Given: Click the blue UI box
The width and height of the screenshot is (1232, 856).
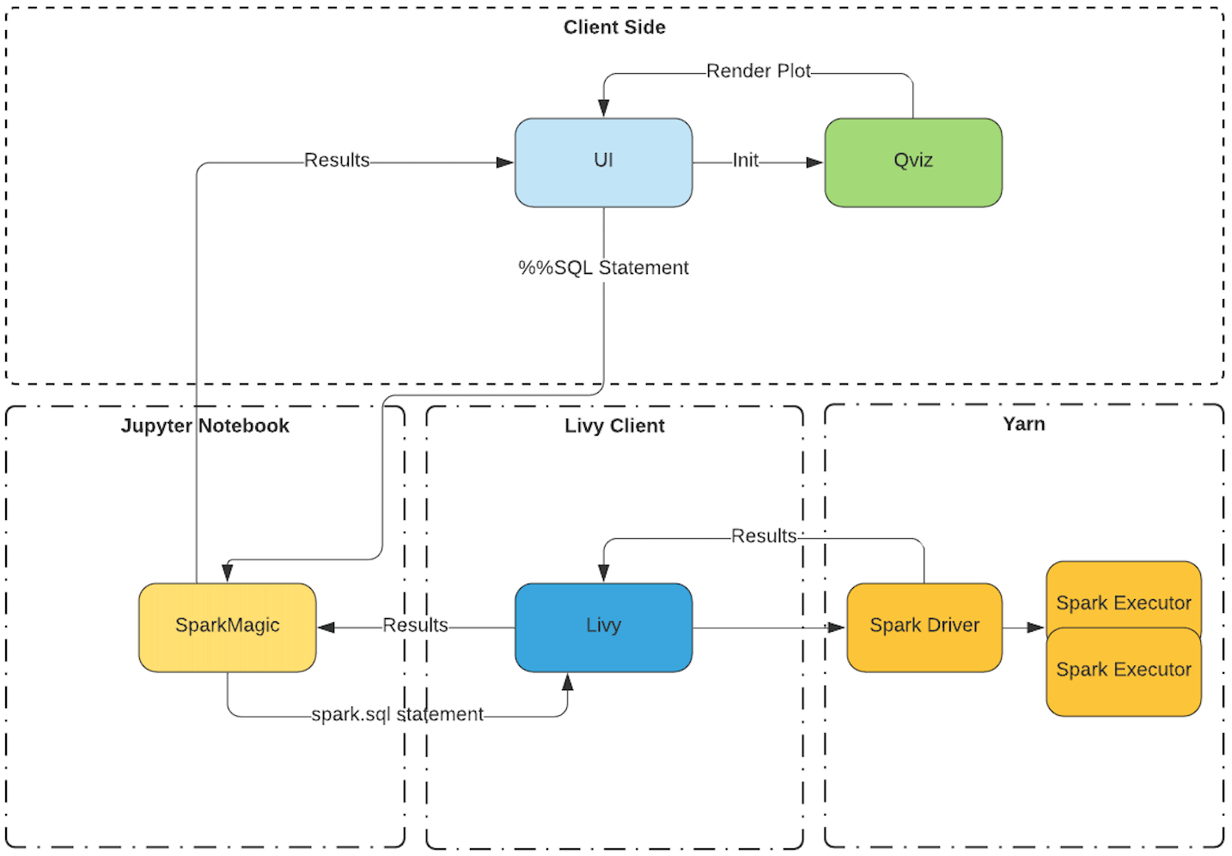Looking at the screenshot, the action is pyautogui.click(x=603, y=162).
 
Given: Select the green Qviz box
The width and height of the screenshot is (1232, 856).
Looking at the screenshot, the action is pyautogui.click(x=913, y=162).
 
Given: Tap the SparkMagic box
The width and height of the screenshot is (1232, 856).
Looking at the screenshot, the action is pyautogui.click(x=227, y=627).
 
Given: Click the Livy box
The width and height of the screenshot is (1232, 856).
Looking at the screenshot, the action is pyautogui.click(x=603, y=627).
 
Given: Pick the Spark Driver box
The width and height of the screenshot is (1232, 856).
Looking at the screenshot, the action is pyautogui.click(x=924, y=627).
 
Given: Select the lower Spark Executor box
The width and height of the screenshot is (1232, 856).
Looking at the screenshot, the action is pyautogui.click(x=1123, y=672).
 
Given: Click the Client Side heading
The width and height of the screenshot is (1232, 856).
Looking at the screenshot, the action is pyautogui.click(x=614, y=27).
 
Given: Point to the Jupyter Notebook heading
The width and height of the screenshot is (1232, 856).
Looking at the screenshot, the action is pyautogui.click(x=204, y=425).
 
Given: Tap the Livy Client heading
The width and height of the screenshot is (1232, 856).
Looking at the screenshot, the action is pyautogui.click(x=614, y=425).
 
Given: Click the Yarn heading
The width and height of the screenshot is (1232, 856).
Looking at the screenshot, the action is pyautogui.click(x=1023, y=424).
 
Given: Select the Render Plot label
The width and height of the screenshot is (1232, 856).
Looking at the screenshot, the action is pyautogui.click(x=759, y=71).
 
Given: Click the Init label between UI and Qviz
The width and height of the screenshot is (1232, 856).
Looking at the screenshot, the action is pyautogui.click(x=745, y=160).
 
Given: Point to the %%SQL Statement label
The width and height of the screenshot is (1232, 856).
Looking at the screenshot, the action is pyautogui.click(x=603, y=268).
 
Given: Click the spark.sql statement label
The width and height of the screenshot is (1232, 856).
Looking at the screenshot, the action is pyautogui.click(x=397, y=714).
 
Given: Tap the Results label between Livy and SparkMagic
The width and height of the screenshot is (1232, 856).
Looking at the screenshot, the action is pyautogui.click(x=415, y=625).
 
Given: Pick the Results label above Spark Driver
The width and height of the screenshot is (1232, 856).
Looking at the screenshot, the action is pyautogui.click(x=764, y=535).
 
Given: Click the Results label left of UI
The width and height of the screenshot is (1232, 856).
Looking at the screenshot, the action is pyautogui.click(x=337, y=160).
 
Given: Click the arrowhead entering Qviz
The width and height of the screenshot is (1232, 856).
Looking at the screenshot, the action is pyautogui.click(x=814, y=162).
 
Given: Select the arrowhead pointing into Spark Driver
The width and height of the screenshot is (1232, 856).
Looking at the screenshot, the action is pyautogui.click(x=837, y=627).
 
